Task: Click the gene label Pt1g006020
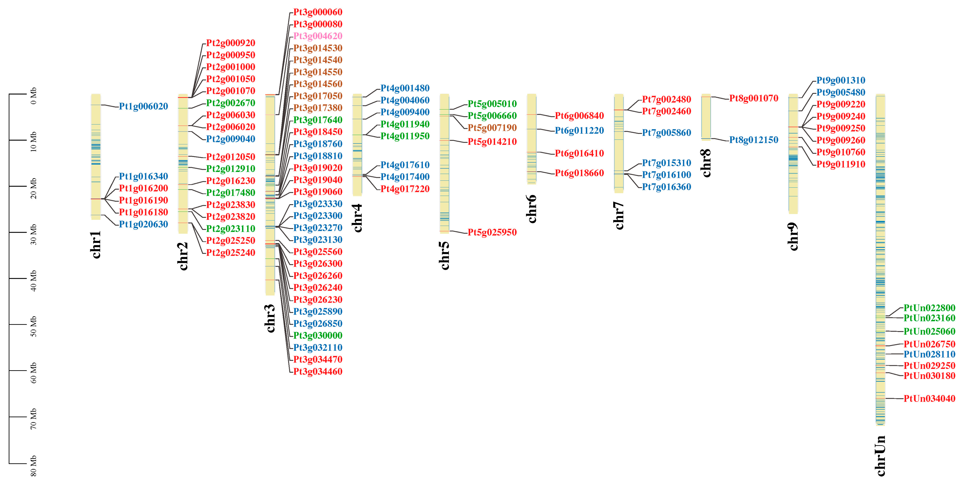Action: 143,106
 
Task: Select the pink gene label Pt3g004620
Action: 318,36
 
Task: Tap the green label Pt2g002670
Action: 230,103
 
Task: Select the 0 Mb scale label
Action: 33,96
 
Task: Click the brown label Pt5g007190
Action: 492,128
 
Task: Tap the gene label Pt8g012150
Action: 754,140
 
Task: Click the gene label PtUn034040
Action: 929,399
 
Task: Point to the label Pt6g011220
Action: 579,131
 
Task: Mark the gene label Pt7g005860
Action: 666,133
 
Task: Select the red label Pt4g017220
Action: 405,189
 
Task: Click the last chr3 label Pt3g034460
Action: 318,372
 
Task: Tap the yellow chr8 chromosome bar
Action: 706,117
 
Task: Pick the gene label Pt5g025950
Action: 492,232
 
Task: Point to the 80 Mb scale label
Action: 33,466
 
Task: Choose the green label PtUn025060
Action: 929,332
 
